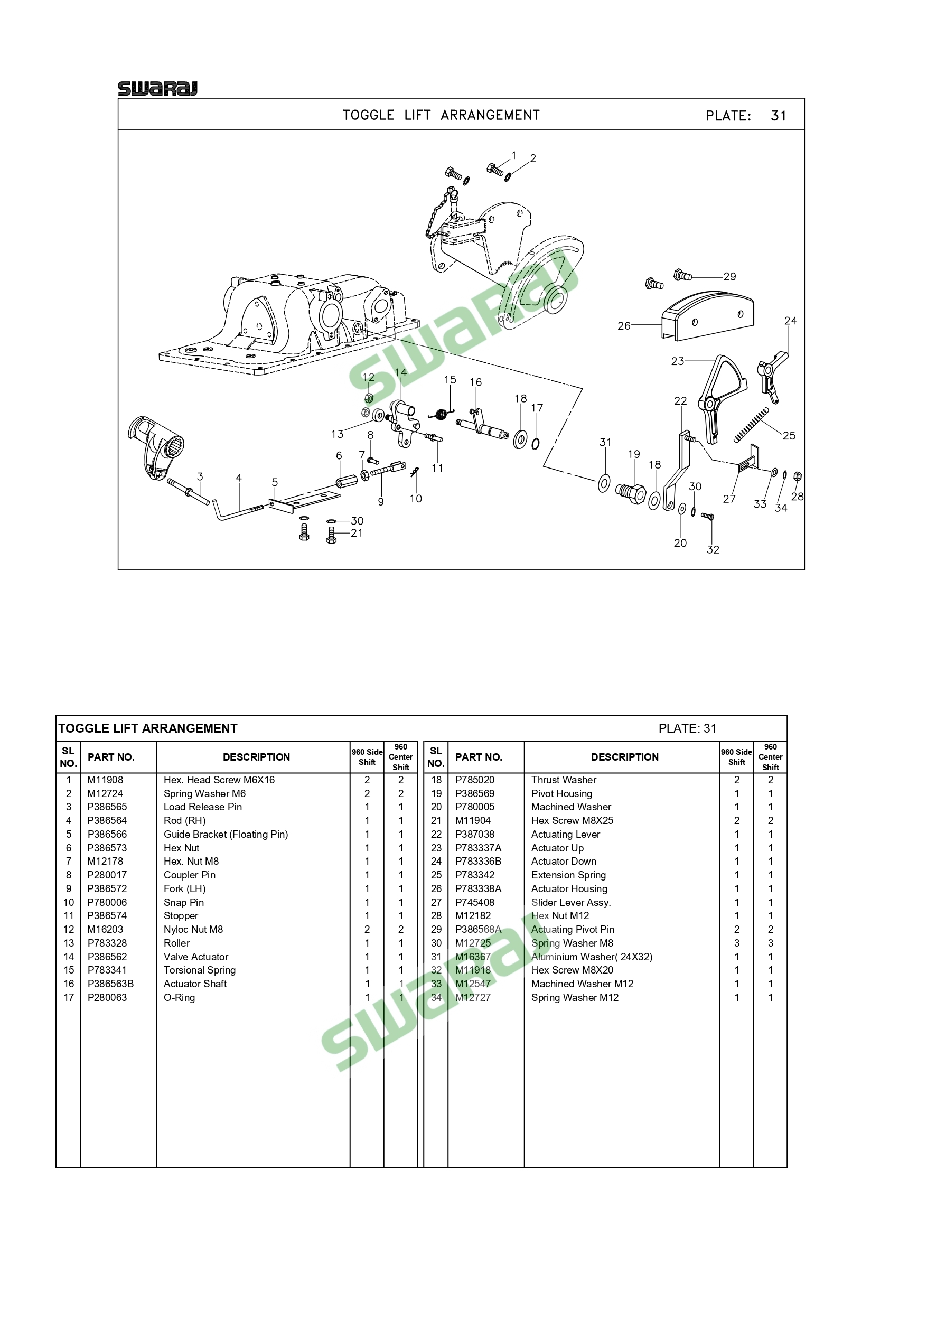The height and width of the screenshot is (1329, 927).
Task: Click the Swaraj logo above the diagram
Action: (x=157, y=89)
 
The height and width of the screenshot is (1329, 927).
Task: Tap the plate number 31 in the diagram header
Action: (x=778, y=116)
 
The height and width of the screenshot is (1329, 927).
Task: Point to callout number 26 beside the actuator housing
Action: (x=624, y=326)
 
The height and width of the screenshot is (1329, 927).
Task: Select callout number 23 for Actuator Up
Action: (x=678, y=361)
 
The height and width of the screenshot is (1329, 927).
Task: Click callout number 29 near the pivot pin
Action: (x=729, y=277)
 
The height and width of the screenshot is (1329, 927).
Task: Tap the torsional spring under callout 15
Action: (x=443, y=413)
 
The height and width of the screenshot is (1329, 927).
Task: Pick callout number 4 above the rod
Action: (x=238, y=478)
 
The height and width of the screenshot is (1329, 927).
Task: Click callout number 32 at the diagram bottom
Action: (x=713, y=550)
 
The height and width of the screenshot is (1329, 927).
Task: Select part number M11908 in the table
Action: (x=105, y=780)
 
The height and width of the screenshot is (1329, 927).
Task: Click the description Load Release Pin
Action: (x=202, y=807)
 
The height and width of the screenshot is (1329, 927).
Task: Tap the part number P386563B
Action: (x=110, y=984)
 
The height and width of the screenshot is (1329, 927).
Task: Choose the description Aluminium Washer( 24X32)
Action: (x=592, y=957)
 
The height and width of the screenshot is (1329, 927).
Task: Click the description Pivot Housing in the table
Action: (x=562, y=793)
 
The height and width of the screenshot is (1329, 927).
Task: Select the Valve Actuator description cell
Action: (x=195, y=957)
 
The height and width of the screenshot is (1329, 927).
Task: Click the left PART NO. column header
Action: (x=111, y=757)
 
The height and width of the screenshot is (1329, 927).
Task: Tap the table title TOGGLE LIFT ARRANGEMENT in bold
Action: (x=148, y=728)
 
